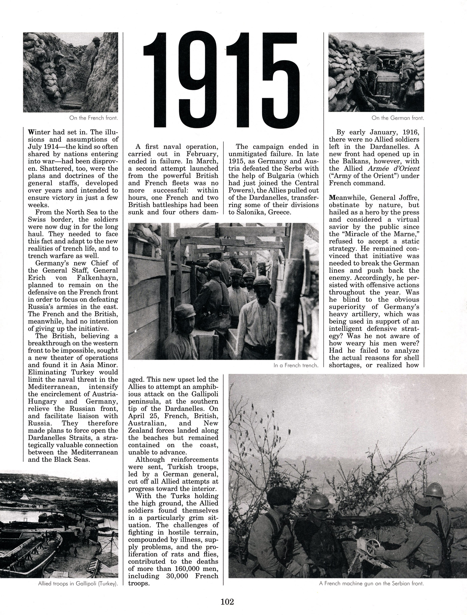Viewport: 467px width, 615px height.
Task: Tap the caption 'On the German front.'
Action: pos(398,118)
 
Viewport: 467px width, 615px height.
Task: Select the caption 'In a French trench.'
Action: pos(296,365)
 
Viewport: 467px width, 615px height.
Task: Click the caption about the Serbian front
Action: pos(371,583)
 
